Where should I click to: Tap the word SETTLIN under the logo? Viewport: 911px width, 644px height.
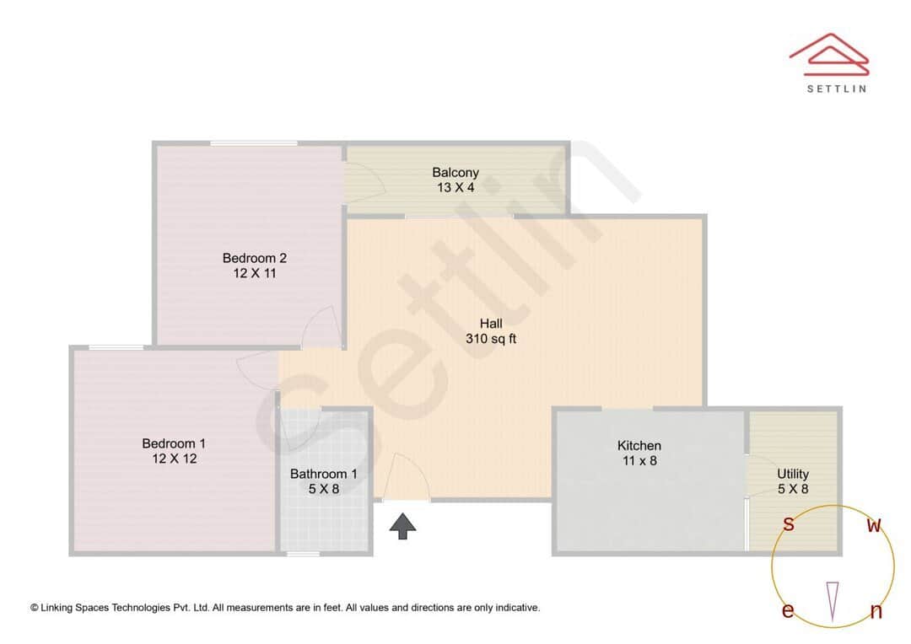coord(836,88)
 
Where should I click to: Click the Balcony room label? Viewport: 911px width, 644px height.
coord(455,172)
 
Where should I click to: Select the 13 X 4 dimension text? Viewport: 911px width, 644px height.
coord(455,187)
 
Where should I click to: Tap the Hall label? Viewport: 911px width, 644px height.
coord(491,323)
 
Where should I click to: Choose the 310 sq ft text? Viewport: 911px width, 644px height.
coord(491,339)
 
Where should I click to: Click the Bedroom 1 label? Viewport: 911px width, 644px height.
coord(174,443)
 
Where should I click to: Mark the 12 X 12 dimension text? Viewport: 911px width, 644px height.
coord(174,459)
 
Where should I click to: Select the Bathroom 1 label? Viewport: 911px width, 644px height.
coord(323,474)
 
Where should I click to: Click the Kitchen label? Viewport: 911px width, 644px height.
coord(639,445)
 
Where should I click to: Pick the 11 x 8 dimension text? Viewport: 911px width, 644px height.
coord(639,460)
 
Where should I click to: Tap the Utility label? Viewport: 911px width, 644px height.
coord(793,474)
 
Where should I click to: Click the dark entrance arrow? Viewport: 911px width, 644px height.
coord(403,526)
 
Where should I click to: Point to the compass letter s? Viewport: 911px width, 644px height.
coord(789,524)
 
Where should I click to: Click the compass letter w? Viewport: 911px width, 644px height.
coord(875,526)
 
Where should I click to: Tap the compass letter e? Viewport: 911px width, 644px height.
coord(788,611)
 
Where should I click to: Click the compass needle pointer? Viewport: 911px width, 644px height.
coord(833,600)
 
